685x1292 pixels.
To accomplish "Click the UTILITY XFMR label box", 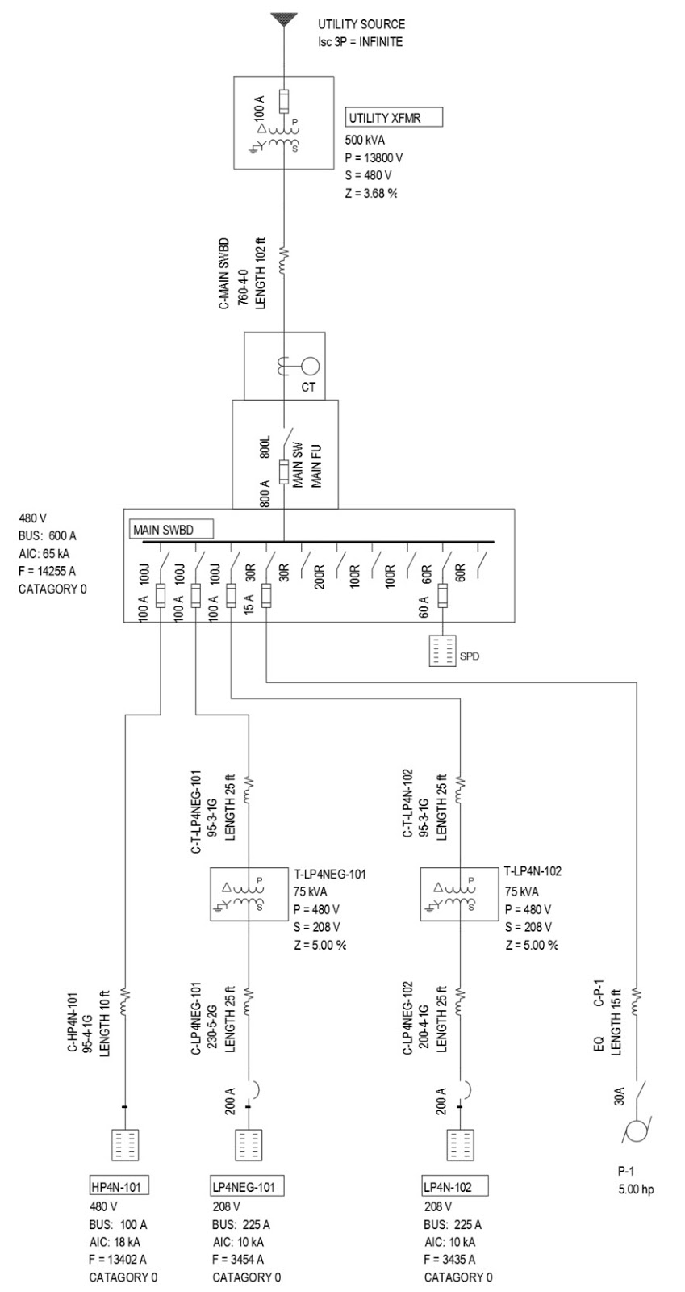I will [395, 118].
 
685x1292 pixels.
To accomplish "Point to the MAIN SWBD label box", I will [172, 530].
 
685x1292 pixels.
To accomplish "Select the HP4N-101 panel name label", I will [119, 1186].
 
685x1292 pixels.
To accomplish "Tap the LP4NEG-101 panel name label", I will [243, 1186].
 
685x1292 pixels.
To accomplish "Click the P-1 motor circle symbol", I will [637, 1130].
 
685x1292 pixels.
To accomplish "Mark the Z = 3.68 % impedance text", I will [371, 193].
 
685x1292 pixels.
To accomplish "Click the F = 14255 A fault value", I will [47, 571].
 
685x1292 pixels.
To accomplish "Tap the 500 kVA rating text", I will [365, 140].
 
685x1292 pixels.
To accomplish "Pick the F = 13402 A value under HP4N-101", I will [123, 1259].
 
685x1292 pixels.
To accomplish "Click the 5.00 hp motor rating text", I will [636, 1189].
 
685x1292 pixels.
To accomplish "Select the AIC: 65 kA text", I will [46, 553].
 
